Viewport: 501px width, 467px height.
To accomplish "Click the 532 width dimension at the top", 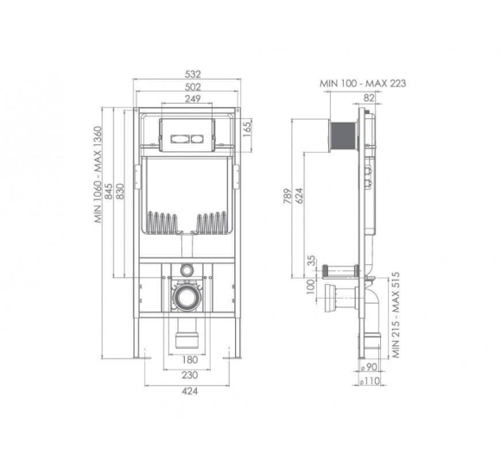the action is [193, 74].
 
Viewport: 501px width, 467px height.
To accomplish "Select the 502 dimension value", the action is [193, 87].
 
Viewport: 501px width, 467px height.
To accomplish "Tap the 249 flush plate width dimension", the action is [193, 98].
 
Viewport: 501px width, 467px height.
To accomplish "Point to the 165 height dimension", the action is [248, 129].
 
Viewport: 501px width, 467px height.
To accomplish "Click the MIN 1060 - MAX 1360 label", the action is [98, 174].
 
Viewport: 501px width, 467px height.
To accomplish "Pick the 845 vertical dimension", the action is [109, 192].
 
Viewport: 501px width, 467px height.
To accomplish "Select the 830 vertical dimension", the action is [120, 192].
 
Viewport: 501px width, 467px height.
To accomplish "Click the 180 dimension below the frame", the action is [190, 360].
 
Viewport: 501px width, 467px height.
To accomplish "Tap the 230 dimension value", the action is [190, 375].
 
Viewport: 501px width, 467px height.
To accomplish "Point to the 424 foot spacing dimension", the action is [190, 391].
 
